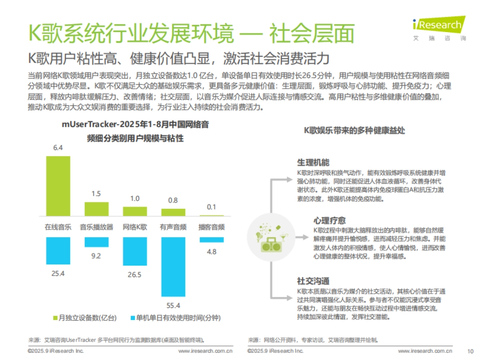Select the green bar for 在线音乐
58,186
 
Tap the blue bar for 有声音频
173,266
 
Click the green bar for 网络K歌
135,211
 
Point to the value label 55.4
173,306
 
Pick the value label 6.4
58,148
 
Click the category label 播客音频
212,227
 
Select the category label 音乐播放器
96,227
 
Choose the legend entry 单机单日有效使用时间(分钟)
176,318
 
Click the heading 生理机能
313,163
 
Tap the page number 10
470,351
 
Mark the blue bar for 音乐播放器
96,242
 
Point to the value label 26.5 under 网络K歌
135,275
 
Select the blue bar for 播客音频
212,240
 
